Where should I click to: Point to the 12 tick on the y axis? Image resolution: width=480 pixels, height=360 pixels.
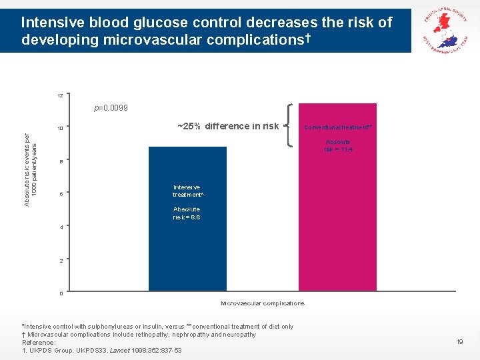point(61,96)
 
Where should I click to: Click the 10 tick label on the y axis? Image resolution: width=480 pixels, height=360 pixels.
point(61,129)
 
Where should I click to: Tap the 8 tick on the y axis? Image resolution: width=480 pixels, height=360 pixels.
point(61,162)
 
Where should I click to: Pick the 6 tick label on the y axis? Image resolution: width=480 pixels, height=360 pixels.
point(61,195)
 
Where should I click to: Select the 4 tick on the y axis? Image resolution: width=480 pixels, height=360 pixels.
point(61,227)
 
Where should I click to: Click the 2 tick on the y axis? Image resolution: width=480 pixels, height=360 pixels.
point(61,261)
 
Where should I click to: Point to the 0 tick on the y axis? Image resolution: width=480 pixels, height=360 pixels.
point(61,293)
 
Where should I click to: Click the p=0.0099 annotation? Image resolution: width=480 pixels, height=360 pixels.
point(111,108)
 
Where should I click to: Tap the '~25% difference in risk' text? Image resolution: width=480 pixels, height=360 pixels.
point(228,126)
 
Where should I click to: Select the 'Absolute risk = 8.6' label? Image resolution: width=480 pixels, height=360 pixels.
point(187,213)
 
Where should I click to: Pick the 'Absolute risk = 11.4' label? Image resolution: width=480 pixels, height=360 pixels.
point(338,145)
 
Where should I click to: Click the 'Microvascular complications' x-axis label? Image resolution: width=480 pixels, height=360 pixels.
point(263,303)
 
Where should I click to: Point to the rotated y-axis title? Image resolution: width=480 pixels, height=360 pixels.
point(31,169)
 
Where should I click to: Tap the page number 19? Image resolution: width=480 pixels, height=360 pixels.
point(459,342)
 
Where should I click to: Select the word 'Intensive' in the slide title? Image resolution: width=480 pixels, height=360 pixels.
point(48,23)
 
